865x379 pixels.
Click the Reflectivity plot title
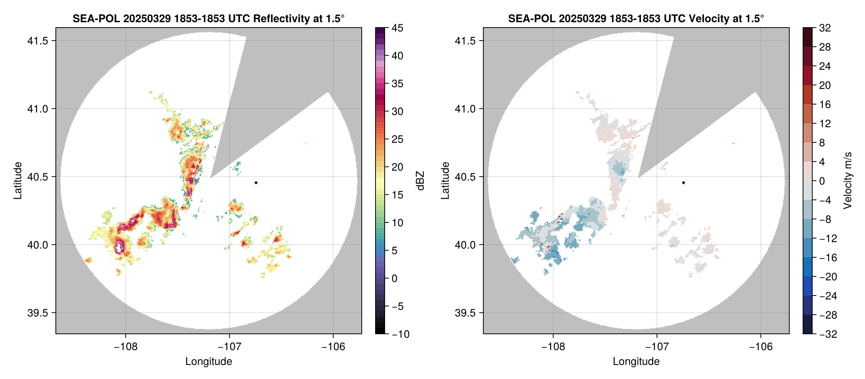[208, 18]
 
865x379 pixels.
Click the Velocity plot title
[636, 18]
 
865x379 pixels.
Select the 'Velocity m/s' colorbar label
[847, 181]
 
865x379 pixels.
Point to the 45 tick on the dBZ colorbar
[397, 28]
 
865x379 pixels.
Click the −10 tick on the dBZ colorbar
[400, 334]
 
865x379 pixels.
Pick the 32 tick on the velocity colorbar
[825, 28]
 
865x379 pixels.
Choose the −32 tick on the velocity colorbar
[828, 334]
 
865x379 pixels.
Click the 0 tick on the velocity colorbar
[822, 181]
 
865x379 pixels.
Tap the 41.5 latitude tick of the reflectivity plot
[38, 41]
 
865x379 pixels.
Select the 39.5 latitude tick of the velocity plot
[465, 313]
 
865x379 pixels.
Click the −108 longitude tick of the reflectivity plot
[125, 346]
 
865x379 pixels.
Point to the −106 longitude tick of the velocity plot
[761, 346]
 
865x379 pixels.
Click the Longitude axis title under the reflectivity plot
[209, 361]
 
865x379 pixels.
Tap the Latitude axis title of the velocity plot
[445, 181]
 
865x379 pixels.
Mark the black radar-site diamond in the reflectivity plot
[256, 183]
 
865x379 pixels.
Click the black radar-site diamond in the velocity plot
[683, 183]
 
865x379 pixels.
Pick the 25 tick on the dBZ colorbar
[397, 139]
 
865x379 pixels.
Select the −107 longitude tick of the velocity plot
[657, 346]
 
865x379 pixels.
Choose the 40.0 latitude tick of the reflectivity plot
[38, 245]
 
